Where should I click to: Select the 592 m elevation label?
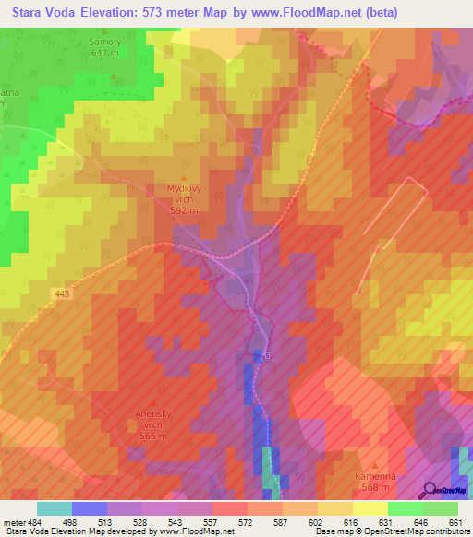click(185, 210)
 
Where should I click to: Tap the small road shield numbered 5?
click(267, 354)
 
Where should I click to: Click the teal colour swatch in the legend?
click(55, 507)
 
